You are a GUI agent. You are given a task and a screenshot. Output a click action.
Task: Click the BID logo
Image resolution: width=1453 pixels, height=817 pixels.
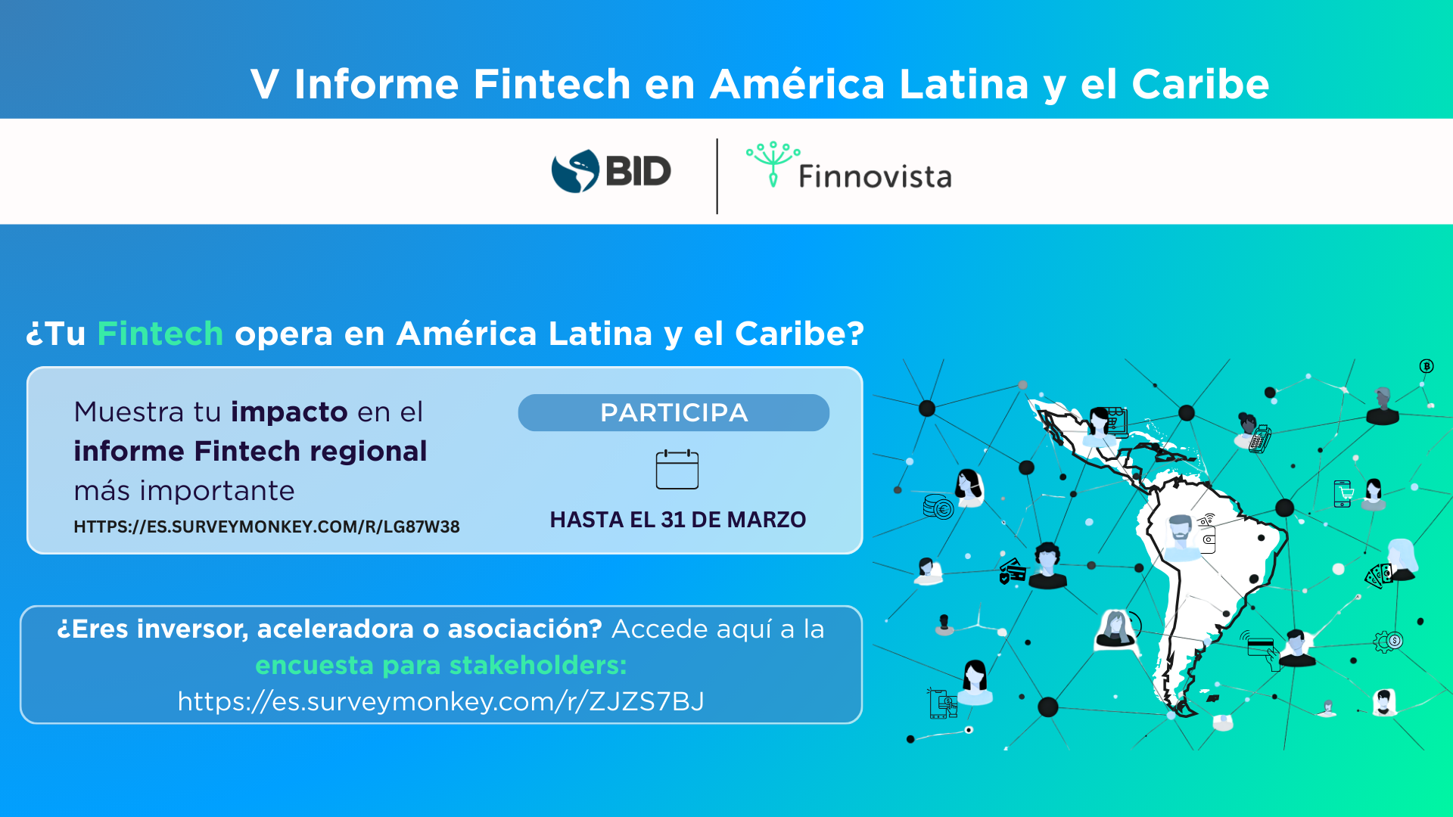(611, 171)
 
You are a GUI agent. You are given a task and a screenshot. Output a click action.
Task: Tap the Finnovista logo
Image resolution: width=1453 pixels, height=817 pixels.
(848, 165)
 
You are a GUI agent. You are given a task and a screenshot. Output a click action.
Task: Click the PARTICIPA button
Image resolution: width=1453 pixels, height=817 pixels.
(674, 412)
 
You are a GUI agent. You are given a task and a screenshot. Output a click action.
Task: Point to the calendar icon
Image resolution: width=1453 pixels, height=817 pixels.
(677, 469)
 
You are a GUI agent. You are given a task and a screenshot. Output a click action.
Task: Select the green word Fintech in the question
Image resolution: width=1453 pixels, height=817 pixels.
(160, 334)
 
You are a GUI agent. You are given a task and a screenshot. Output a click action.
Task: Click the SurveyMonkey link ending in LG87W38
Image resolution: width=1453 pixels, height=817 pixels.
(266, 527)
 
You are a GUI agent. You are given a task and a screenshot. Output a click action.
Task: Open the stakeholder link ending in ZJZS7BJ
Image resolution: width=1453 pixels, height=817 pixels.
(441, 701)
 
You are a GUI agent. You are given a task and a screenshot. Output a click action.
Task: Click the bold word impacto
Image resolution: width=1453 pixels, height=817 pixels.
(289, 412)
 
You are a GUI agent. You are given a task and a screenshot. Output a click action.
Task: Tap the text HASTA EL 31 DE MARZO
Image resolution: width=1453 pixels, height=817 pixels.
(678, 520)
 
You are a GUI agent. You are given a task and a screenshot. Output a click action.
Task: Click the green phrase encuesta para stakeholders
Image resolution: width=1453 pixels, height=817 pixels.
(441, 665)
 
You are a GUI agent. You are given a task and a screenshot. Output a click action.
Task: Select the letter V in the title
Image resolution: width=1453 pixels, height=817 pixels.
(265, 84)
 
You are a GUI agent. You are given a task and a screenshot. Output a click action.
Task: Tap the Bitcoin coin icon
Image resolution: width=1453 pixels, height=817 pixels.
(1427, 366)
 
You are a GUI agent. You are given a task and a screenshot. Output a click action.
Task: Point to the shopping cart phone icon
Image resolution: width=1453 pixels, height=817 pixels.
(1343, 494)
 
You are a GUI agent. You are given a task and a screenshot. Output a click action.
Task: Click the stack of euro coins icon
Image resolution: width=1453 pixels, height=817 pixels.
(938, 506)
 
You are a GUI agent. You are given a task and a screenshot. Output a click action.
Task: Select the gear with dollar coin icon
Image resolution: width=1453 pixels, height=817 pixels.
(1388, 641)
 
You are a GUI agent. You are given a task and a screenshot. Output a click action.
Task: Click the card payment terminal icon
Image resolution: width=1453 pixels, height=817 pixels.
(1260, 439)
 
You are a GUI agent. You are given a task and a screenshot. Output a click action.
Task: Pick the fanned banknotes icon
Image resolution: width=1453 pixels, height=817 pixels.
(1379, 576)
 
